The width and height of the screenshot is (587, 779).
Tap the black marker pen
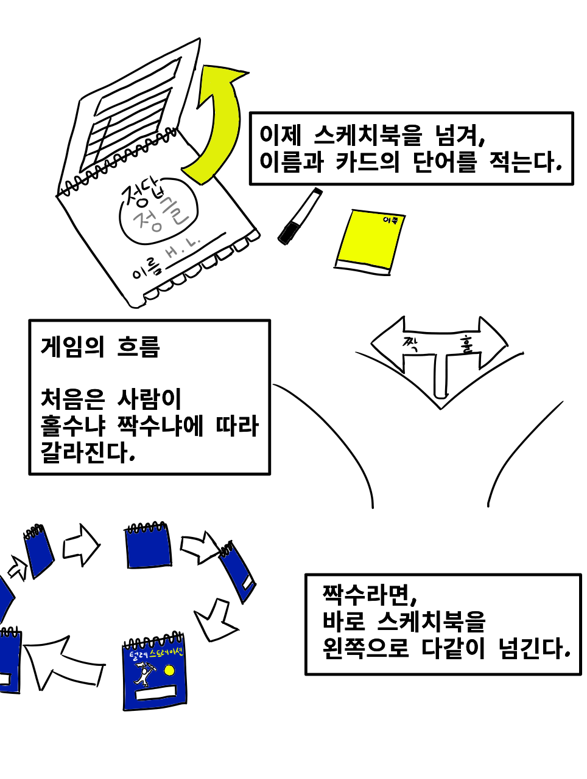pyautogui.click(x=300, y=216)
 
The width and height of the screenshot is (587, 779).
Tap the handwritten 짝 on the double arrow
pyautogui.click(x=409, y=345)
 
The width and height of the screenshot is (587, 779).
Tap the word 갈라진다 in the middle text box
pyautogui.click(x=86, y=452)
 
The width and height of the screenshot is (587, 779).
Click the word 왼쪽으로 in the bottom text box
pyautogui.click(x=365, y=649)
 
